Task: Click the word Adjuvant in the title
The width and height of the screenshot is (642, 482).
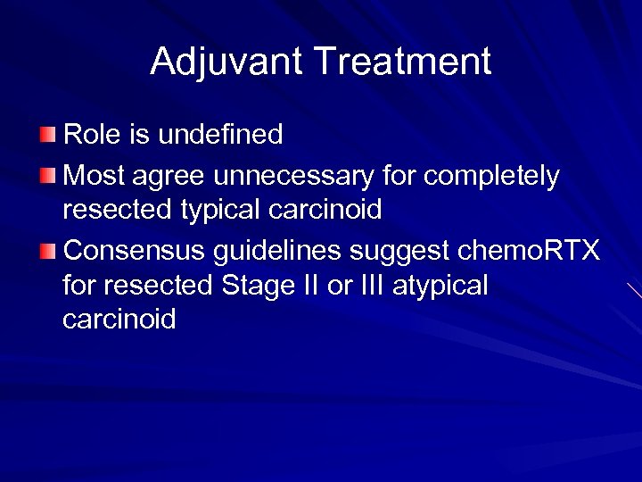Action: [227, 62]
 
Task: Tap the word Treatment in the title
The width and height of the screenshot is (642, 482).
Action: [403, 62]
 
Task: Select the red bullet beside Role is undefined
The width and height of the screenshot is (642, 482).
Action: [47, 136]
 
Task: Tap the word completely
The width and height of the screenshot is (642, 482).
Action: [492, 177]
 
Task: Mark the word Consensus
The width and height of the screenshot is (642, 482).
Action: [135, 252]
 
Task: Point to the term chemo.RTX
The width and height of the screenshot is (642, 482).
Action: [528, 252]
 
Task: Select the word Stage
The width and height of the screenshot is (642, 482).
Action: [256, 287]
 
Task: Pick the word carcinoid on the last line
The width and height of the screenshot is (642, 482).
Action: [119, 320]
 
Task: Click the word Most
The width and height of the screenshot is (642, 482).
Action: [95, 177]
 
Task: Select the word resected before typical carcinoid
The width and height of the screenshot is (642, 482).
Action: [117, 211]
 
